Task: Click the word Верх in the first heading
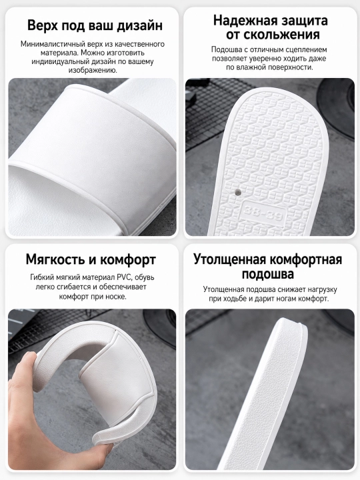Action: (x=43, y=25)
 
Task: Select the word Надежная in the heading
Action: (x=244, y=21)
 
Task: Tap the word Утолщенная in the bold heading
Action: (x=229, y=260)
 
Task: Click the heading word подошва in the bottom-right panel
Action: (x=268, y=274)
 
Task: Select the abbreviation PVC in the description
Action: (x=124, y=277)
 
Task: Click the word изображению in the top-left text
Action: (x=93, y=71)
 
